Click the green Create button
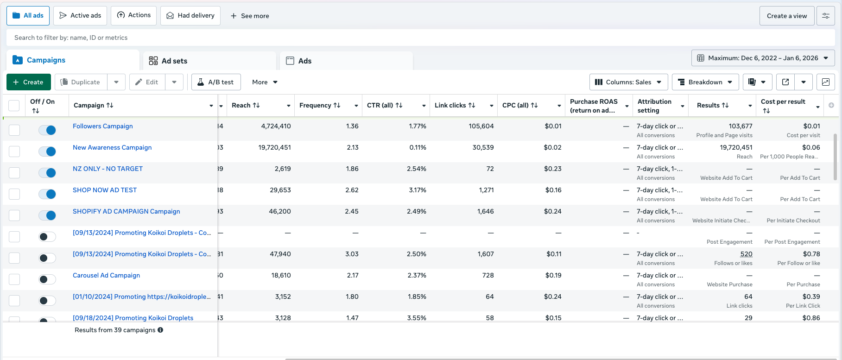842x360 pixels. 28,82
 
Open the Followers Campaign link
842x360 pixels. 102,126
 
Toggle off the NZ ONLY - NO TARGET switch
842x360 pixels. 47,173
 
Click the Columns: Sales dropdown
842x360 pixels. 628,82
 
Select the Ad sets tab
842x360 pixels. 174,61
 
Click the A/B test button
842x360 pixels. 215,82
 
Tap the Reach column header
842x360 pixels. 246,105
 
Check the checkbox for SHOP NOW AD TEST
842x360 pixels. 14,194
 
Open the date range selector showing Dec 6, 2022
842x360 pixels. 763,58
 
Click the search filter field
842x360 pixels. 278,38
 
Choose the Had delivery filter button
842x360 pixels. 190,15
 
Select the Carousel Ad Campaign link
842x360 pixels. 106,275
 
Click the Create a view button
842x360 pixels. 786,16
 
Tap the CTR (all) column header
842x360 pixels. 384,105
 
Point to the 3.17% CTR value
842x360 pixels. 416,190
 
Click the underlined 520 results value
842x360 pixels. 746,254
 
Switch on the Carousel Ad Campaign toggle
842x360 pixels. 47,279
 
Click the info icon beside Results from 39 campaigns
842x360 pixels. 160,330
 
